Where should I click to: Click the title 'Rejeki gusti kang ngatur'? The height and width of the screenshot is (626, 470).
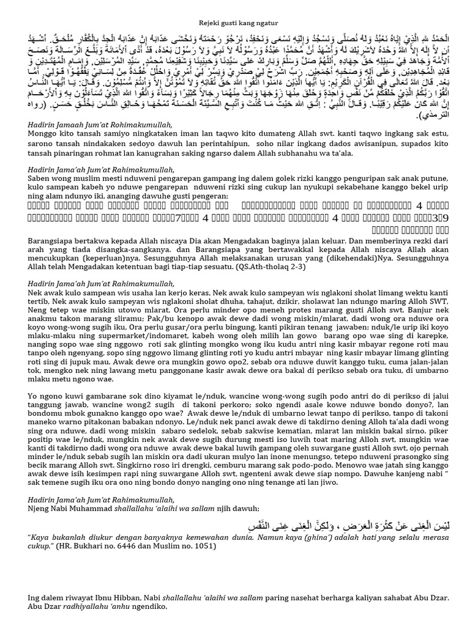pyautogui.click(x=234, y=7)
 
